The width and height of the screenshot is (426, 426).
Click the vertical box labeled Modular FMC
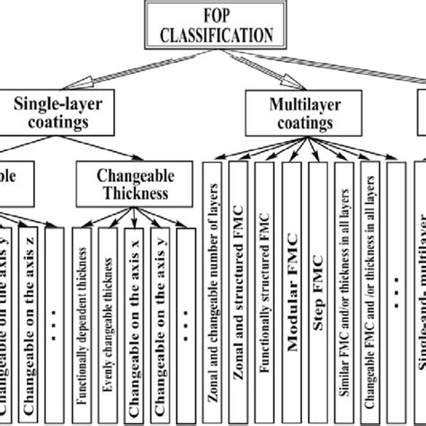(290, 288)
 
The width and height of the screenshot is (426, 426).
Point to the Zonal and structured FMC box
(240, 288)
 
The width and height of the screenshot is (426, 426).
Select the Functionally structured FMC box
(265, 288)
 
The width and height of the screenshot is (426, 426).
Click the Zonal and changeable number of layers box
(214, 288)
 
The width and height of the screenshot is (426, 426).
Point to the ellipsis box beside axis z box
(55, 324)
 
